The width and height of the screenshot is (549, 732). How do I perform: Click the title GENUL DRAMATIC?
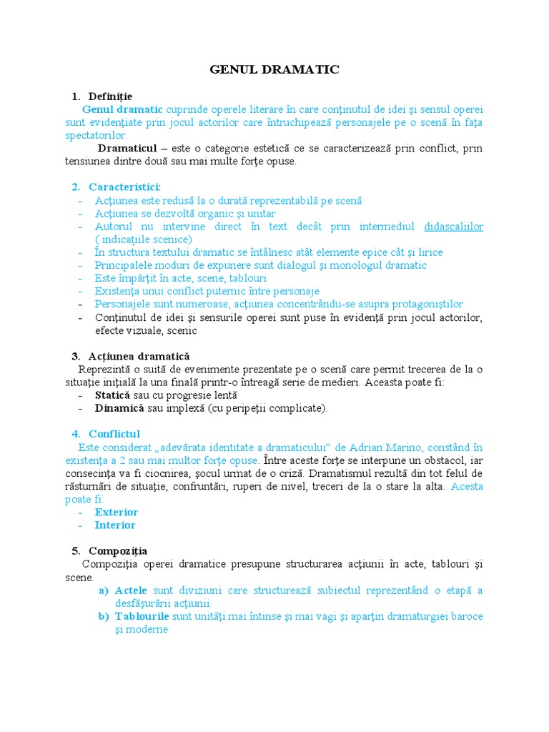274,69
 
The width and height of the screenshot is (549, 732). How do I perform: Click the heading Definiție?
110,96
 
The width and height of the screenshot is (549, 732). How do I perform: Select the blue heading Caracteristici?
124,187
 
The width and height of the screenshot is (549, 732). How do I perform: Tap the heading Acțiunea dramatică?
139,356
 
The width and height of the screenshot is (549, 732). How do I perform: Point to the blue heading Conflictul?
114,434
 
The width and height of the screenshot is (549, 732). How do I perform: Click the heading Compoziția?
118,551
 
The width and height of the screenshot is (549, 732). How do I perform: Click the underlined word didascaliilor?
453,227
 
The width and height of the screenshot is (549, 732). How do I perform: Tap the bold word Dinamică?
119,408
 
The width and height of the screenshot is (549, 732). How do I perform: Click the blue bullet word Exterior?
117,512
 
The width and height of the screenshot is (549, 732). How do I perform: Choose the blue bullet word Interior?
115,525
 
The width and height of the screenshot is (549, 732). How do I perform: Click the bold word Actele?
131,590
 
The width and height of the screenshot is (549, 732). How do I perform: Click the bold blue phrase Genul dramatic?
122,109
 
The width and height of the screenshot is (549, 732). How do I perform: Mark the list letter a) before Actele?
103,590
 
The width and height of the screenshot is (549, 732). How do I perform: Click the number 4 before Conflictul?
75,434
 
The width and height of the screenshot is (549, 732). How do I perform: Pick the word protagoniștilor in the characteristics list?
422,304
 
